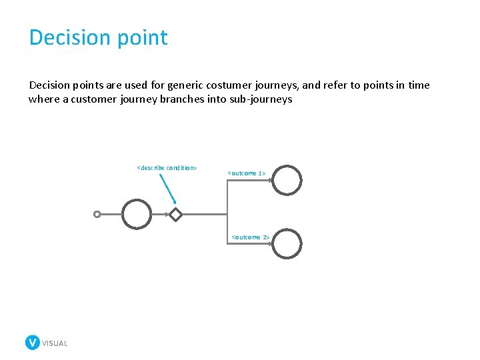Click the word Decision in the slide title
click(x=71, y=37)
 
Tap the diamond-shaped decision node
click(x=175, y=215)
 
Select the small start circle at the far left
click(x=97, y=215)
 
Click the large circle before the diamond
click(x=137, y=214)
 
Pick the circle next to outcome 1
click(x=287, y=180)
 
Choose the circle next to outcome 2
click(x=287, y=244)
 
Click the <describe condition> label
click(x=167, y=168)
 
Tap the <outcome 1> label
click(x=247, y=173)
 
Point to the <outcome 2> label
click(x=250, y=237)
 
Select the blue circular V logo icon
click(x=32, y=343)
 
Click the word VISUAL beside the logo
click(x=55, y=343)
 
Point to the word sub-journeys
click(x=260, y=99)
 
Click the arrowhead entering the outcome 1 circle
click(x=269, y=181)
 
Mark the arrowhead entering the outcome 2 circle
click(x=269, y=244)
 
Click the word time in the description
click(x=417, y=85)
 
